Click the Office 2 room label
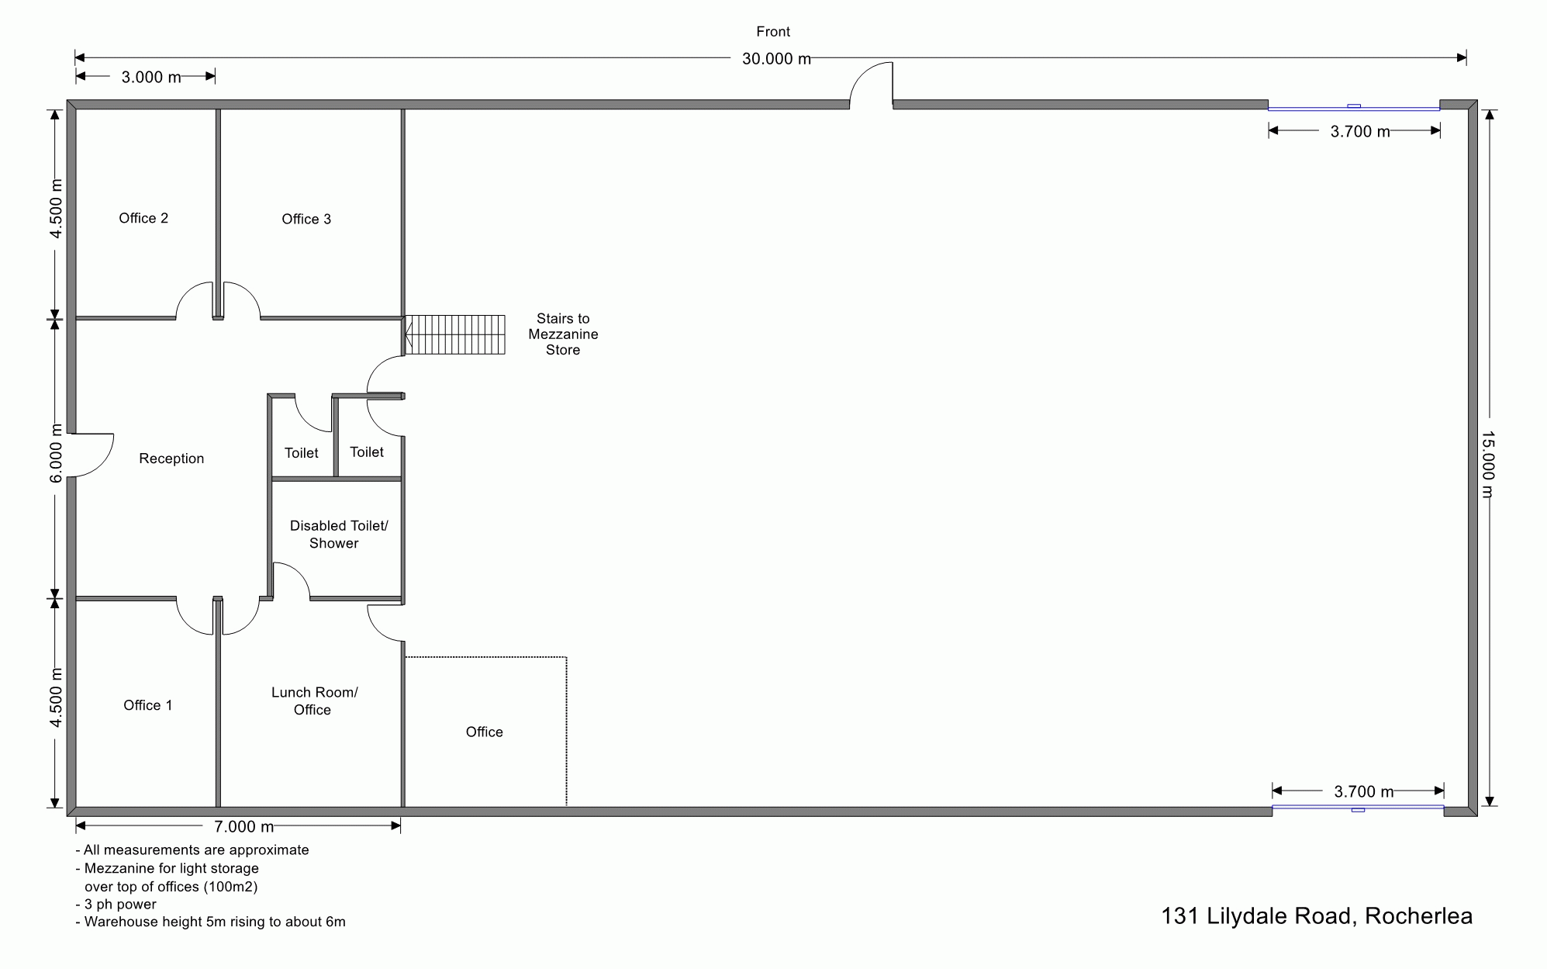pyautogui.click(x=143, y=218)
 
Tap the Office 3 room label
pyautogui.click(x=306, y=219)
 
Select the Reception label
pyautogui.click(x=171, y=459)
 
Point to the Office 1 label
pyautogui.click(x=147, y=705)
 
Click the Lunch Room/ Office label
pyautogui.click(x=314, y=701)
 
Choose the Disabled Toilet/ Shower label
pyautogui.click(x=339, y=535)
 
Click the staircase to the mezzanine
pyautogui.click(x=455, y=334)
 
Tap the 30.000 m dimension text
pyautogui.click(x=776, y=59)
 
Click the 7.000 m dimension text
pyautogui.click(x=243, y=827)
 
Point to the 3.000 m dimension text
pyautogui.click(x=151, y=77)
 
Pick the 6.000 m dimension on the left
pyautogui.click(x=56, y=453)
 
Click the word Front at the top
pyautogui.click(x=773, y=32)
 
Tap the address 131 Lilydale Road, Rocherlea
pyautogui.click(x=1317, y=916)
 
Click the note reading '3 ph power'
pyautogui.click(x=116, y=905)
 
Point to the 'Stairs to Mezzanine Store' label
pyautogui.click(x=563, y=334)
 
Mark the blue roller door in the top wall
pyautogui.click(x=1354, y=108)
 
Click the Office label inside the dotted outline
pyautogui.click(x=484, y=732)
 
